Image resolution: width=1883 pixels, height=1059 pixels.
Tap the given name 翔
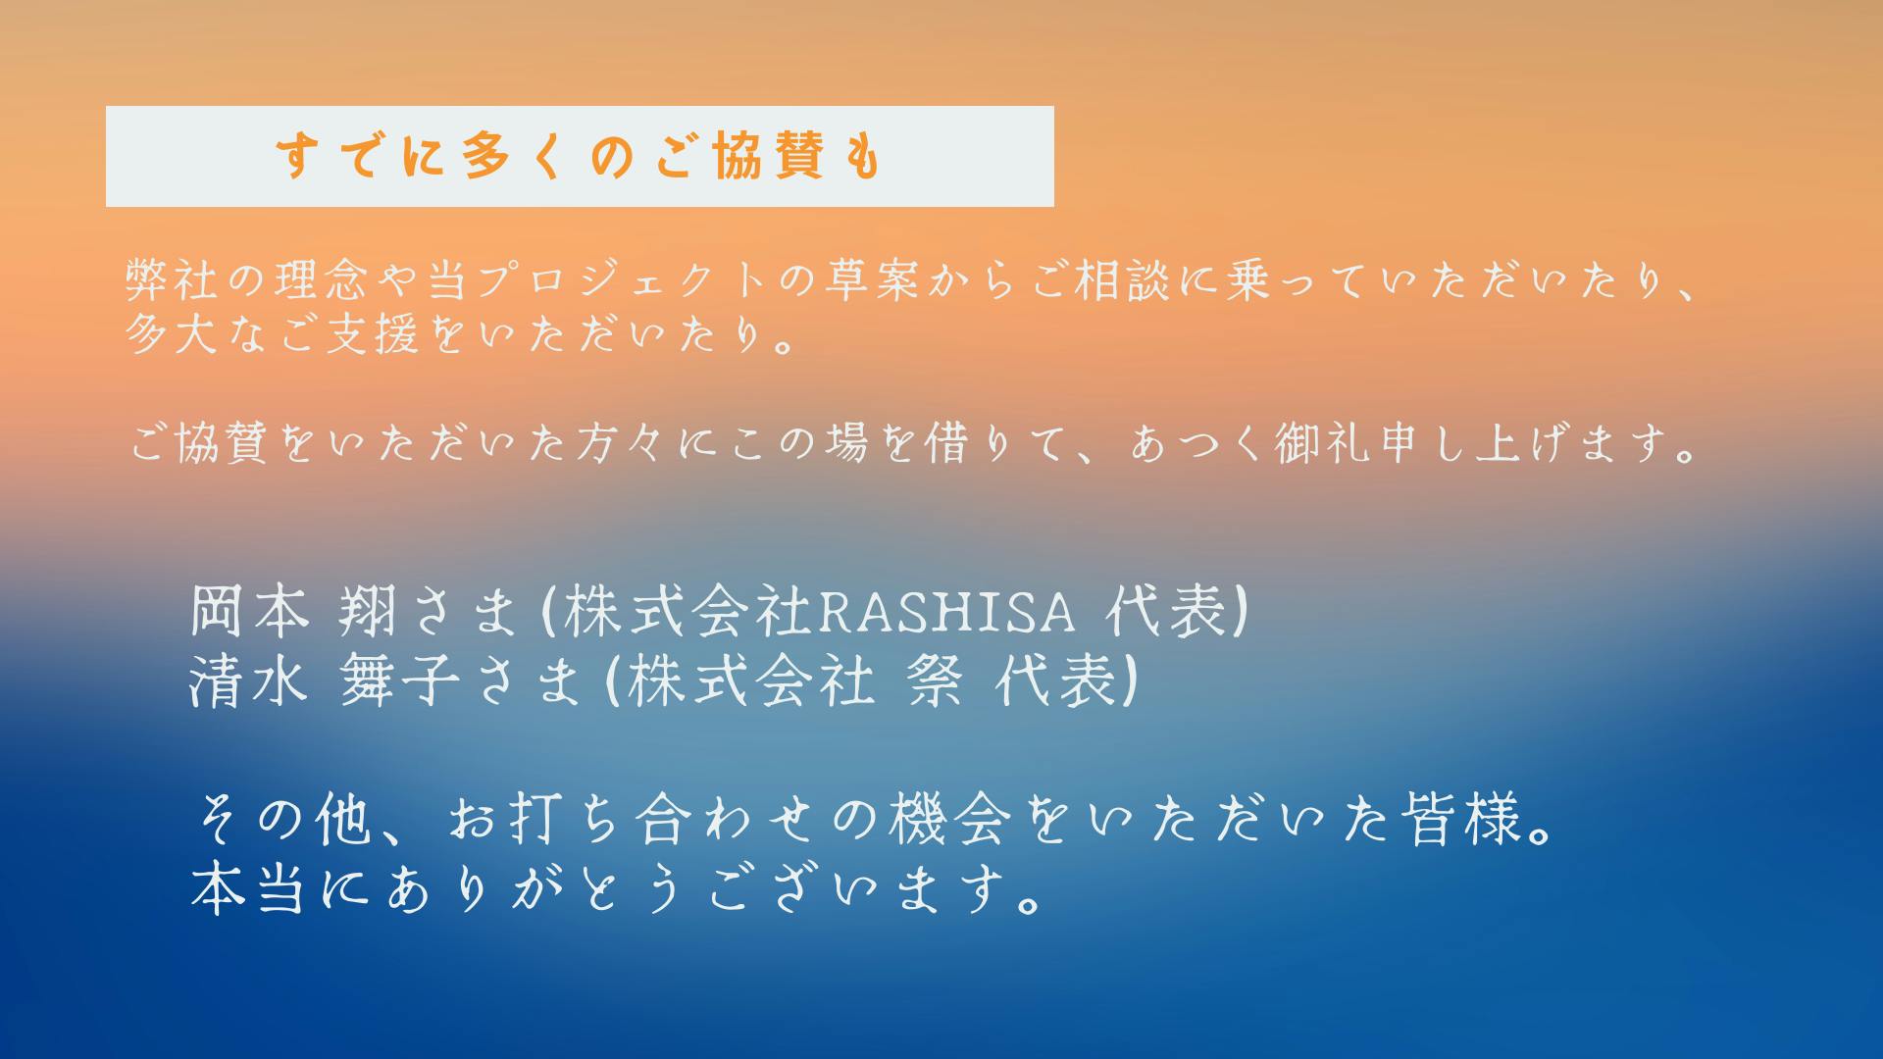click(367, 612)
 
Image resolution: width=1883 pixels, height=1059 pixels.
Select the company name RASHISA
click(945, 612)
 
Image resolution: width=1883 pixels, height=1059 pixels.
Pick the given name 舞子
click(399, 681)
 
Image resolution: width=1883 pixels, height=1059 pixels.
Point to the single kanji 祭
click(933, 681)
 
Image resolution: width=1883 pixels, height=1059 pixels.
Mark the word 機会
click(949, 820)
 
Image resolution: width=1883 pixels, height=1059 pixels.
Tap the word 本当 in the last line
click(248, 887)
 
